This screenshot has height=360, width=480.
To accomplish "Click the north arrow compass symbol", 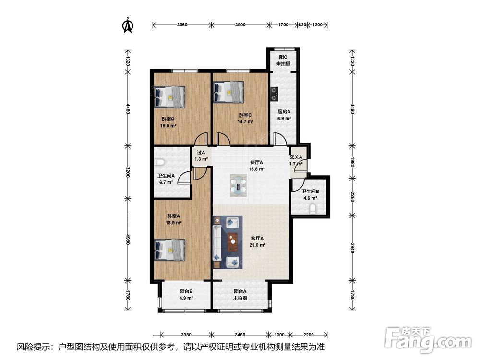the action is pos(128,25).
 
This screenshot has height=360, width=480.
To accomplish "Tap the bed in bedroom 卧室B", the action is pos(169,97).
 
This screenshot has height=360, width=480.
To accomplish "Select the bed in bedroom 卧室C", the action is pos(228,92).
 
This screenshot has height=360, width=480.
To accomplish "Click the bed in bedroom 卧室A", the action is pos(169,250).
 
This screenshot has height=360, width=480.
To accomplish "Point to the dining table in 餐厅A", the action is pos(239,185).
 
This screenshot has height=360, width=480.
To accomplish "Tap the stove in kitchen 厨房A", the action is pos(274,94).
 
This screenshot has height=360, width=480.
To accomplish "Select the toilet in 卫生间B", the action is pos(312,209).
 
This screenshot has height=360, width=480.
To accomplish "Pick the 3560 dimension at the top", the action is pos(182,25).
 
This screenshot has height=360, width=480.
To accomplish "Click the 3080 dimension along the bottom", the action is pos(186,335).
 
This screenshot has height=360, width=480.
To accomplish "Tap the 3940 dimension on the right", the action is pos(352,247).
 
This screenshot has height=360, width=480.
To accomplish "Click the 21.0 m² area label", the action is pos(257,245).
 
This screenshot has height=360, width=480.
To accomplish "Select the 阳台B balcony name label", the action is pos(186,291).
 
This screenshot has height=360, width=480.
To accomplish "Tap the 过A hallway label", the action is pos(201,152).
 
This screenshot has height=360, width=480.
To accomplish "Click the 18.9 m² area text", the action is pos(174,223).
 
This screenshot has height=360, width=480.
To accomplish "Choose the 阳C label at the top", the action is pos(283,57).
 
